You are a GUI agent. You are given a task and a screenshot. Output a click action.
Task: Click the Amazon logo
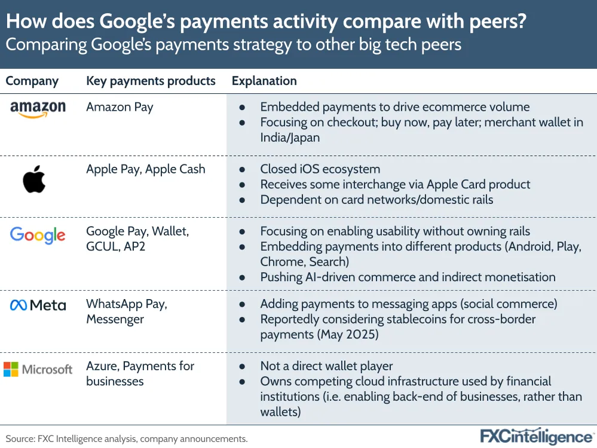(x=38, y=109)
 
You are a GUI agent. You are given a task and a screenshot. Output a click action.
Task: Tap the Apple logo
(x=34, y=179)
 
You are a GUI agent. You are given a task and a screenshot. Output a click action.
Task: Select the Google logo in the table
(x=38, y=236)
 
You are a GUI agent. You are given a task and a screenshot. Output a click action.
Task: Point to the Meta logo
(x=38, y=305)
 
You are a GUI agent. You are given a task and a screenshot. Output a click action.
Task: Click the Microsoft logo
(x=38, y=369)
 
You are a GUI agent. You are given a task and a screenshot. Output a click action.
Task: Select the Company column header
(x=32, y=81)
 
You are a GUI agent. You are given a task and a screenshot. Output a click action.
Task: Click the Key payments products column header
(x=151, y=81)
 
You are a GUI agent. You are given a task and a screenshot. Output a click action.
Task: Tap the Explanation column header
(x=264, y=81)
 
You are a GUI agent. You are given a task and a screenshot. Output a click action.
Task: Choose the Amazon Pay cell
(x=120, y=108)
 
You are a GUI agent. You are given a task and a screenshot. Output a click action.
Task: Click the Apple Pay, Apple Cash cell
(x=146, y=169)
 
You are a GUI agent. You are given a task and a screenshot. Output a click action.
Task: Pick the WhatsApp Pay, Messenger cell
(x=127, y=312)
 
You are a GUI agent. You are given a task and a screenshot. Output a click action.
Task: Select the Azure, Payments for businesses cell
(x=140, y=373)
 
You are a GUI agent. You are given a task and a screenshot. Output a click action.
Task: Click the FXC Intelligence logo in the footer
(x=537, y=437)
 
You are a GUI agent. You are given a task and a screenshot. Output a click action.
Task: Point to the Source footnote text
(x=127, y=439)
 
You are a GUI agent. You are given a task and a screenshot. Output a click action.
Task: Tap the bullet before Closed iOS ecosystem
(x=242, y=170)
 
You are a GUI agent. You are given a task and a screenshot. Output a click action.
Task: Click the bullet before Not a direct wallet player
(x=242, y=367)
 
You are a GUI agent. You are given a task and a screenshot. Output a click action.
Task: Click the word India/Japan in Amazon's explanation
(x=290, y=138)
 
